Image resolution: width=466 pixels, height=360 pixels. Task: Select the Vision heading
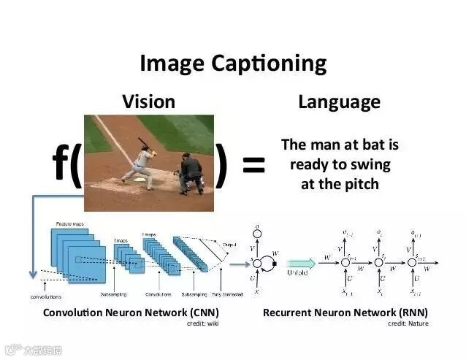tap(148, 102)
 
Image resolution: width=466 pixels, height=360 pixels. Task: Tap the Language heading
tap(339, 102)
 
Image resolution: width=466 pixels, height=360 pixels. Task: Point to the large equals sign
tap(253, 166)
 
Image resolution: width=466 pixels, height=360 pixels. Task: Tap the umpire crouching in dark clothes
tap(191, 173)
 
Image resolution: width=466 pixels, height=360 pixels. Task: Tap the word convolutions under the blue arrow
tap(46, 296)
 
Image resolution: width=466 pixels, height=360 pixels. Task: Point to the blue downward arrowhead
tap(31, 275)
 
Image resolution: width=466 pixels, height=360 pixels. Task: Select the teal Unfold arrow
tap(301, 263)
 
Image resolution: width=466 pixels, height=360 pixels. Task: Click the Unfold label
tap(298, 272)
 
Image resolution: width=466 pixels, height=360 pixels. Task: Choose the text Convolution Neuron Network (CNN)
tap(131, 313)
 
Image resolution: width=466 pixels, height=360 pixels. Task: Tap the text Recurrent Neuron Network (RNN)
tap(345, 313)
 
